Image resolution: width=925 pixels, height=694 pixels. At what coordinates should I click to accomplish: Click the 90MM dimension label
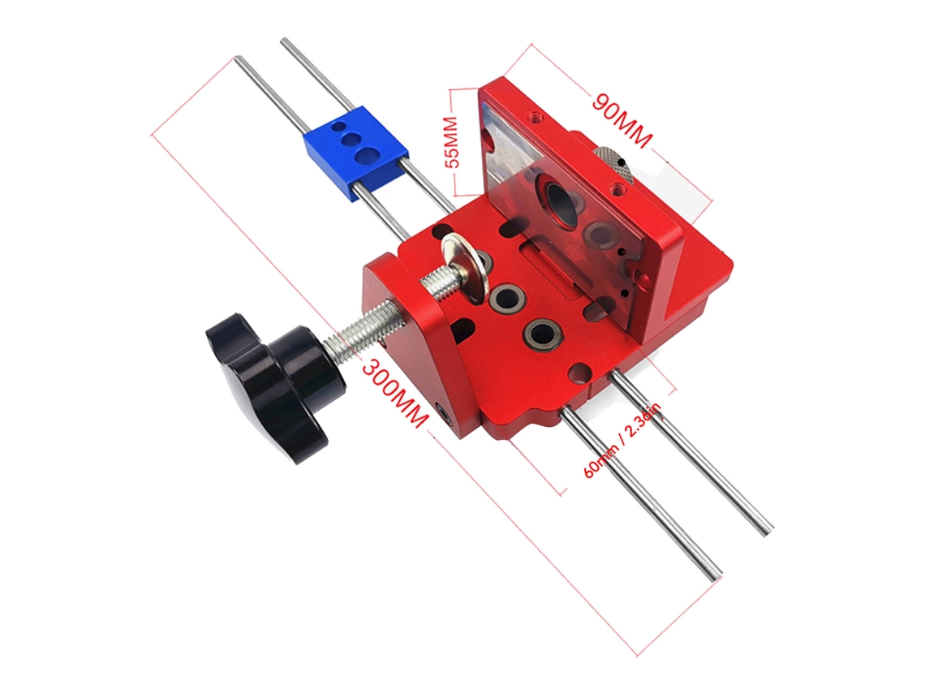pyautogui.click(x=622, y=120)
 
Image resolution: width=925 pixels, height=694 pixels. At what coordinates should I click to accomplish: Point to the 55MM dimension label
pyautogui.click(x=452, y=141)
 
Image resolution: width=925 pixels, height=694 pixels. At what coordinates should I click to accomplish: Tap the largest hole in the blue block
pyautogui.click(x=368, y=155)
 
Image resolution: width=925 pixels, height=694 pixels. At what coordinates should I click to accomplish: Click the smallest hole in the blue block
pyautogui.click(x=338, y=127)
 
